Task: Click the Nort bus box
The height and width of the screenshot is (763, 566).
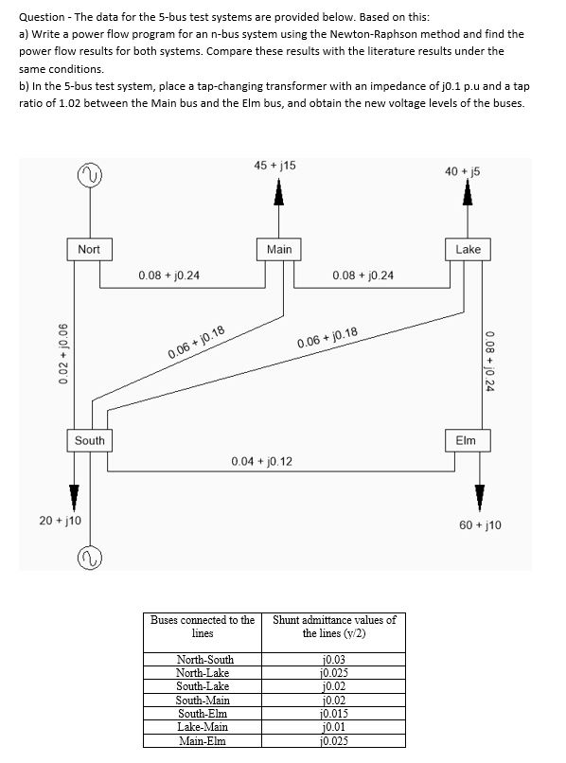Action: pos(89,249)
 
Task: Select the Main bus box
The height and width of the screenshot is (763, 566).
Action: pos(279,249)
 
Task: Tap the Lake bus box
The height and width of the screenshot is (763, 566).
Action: pos(468,249)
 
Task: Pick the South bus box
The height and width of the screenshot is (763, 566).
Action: pos(90,440)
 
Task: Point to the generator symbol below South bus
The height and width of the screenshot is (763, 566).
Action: pos(91,552)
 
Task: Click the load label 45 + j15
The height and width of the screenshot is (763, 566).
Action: pos(274,165)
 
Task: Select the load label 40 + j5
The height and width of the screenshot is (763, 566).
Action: pos(465,169)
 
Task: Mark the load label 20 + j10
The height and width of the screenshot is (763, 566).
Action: pos(61,522)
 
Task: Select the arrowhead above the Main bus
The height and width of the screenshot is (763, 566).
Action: pos(279,192)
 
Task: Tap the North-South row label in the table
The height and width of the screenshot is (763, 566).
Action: pos(205,659)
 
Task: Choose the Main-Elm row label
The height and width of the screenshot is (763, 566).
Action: pos(203,741)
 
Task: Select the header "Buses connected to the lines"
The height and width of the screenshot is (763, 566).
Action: pos(203,626)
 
